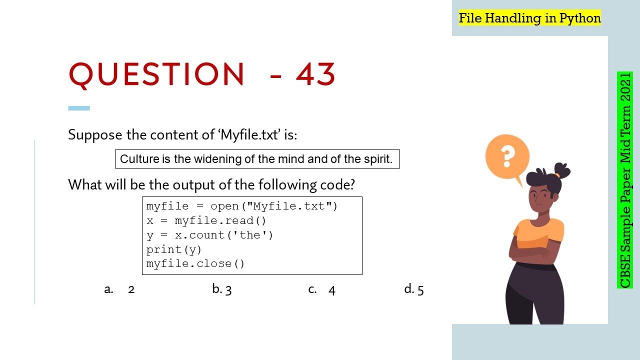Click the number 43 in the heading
coord(315,74)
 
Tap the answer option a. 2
coord(119,289)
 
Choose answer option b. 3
coord(221,289)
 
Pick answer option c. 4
coord(321,289)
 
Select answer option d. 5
coord(413,289)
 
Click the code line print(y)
coord(173,249)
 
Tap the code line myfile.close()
coord(195,263)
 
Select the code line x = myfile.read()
coord(206,221)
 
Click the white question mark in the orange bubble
coord(507,156)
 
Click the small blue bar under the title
coord(79,108)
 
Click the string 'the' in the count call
coord(249,235)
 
